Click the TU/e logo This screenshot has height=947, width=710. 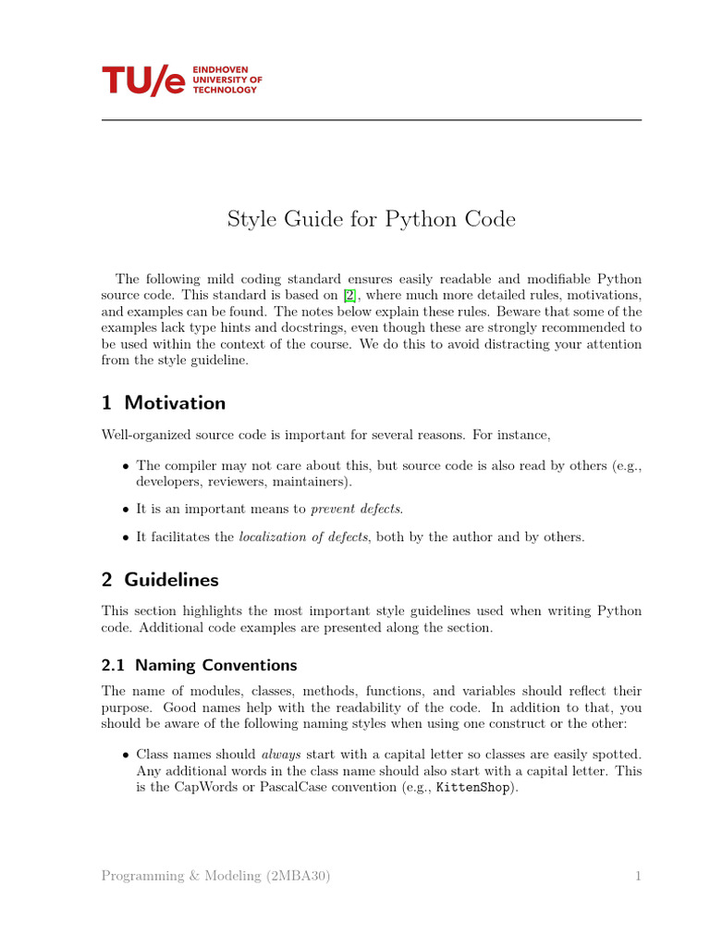coord(143,80)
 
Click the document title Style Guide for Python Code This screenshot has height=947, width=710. coord(371,219)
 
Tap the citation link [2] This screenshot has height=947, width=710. coord(349,296)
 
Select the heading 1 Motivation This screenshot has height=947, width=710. coord(164,403)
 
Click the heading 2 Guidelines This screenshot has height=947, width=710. coord(160,580)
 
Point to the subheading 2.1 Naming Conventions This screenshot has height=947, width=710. coord(199,665)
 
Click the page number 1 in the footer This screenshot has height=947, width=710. coord(638,876)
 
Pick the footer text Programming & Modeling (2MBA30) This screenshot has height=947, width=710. coord(215,876)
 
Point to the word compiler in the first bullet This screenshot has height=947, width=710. coord(193,465)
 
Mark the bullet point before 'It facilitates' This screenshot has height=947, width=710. coord(126,536)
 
